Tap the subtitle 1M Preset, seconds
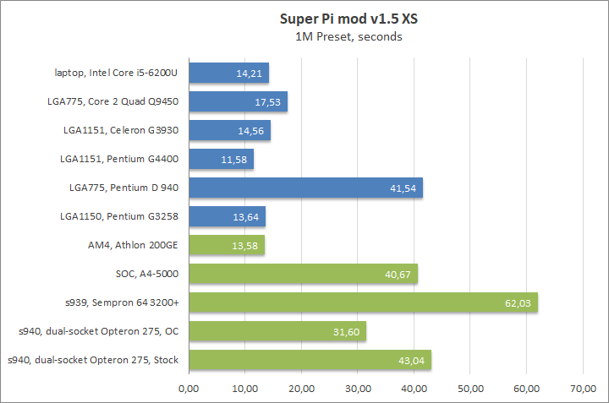348,36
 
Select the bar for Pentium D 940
305,188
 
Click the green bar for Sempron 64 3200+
363,302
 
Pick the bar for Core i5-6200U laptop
228,73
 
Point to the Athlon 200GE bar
227,245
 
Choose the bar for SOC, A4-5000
303,274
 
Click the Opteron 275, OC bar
277,331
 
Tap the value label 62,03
518,303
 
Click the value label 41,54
403,188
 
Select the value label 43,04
412,361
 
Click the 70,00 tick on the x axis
582,389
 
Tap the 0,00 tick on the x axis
189,389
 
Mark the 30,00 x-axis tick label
358,389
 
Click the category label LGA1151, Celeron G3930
120,130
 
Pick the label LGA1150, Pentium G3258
118,216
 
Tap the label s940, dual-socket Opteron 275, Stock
93,360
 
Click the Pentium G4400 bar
221,159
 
